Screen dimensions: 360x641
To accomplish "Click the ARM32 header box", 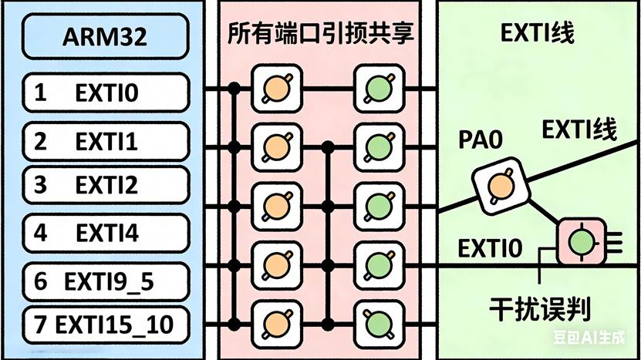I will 106,35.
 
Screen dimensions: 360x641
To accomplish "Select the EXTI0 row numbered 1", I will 106,93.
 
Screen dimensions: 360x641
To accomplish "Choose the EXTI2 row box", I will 106,186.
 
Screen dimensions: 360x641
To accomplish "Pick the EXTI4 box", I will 106,233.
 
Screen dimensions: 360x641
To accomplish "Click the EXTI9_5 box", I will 106,282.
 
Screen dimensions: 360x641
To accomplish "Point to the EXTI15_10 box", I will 106,324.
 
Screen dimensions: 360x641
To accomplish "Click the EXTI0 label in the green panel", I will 490,249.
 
